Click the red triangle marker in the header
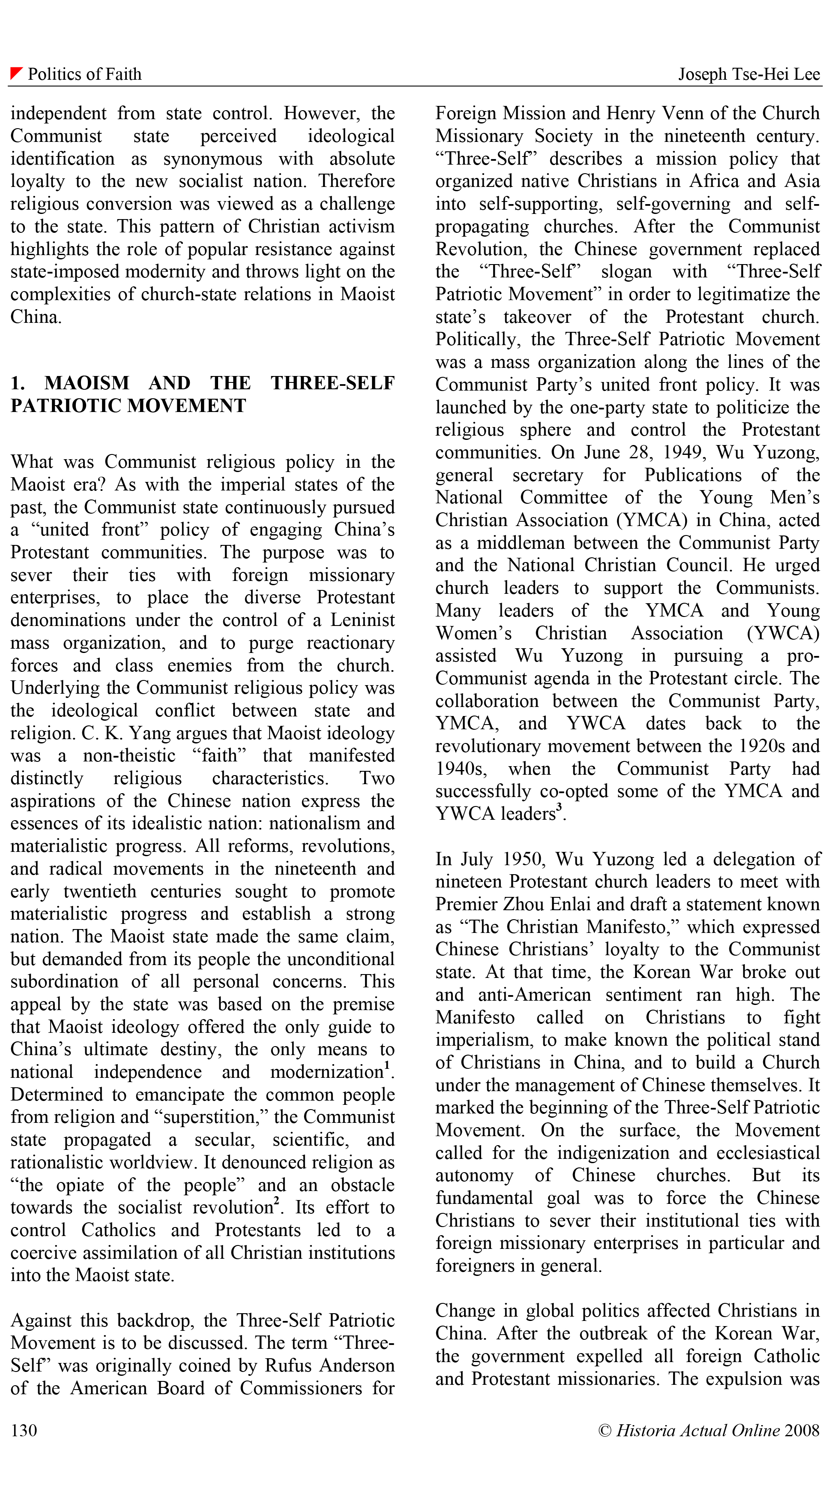pos(16,73)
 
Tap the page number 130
pos(24,1430)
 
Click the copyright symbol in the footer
pos(605,1430)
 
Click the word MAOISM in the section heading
pos(87,383)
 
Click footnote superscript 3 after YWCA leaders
pos(559,807)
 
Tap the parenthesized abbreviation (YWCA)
pos(783,634)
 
